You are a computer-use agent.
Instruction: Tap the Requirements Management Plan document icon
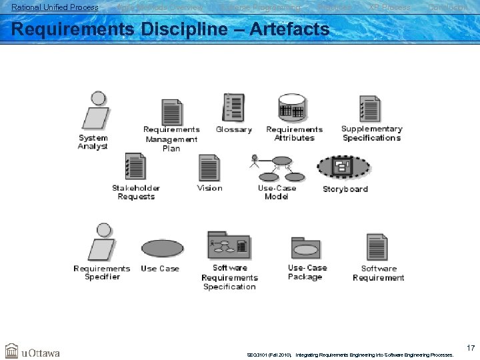click(172, 112)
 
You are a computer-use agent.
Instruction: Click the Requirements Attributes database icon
click(292, 109)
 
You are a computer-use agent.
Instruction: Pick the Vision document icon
click(209, 167)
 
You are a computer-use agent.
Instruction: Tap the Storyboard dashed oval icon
click(343, 167)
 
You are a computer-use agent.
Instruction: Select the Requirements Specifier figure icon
click(101, 243)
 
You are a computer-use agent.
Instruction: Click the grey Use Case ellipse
click(161, 248)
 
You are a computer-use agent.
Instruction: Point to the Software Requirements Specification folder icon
click(229, 246)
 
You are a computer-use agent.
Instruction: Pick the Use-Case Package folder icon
click(306, 249)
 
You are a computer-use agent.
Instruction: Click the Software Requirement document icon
click(377, 247)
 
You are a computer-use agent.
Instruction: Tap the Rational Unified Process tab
click(55, 7)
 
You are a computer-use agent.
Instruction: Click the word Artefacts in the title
click(287, 29)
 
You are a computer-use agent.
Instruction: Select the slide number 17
click(470, 347)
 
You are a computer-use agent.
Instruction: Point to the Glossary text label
click(234, 130)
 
